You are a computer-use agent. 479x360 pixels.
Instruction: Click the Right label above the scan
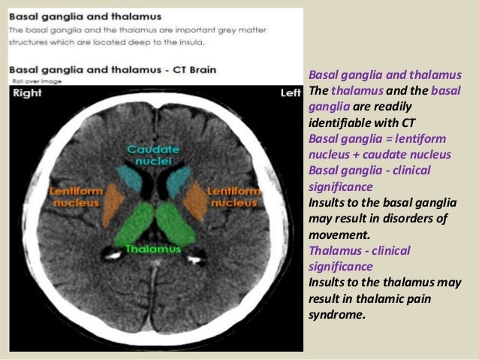point(27,93)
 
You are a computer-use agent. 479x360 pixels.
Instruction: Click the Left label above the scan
point(289,93)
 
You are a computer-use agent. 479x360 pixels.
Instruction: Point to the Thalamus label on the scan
point(153,248)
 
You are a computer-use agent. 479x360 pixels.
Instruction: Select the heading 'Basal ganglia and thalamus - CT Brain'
point(113,69)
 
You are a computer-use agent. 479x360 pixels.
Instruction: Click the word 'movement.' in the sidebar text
point(335,234)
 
